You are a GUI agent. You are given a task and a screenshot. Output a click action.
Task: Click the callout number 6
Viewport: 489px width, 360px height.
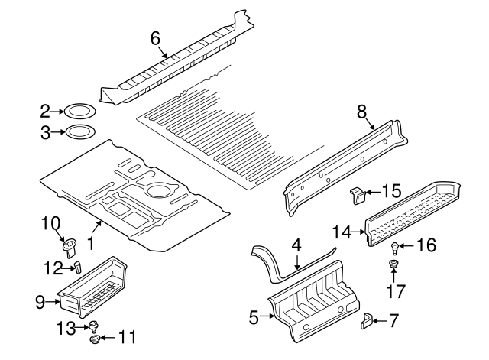pyautogui.click(x=155, y=37)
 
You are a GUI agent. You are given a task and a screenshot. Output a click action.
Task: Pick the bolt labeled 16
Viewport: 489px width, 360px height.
pyautogui.click(x=395, y=247)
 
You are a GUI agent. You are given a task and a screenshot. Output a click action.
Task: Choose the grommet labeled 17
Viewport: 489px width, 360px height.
pyautogui.click(x=394, y=265)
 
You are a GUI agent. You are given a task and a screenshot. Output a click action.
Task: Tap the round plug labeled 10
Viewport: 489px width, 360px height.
pyautogui.click(x=70, y=245)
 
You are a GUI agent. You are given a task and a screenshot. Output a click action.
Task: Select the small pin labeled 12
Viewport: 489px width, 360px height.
pyautogui.click(x=76, y=265)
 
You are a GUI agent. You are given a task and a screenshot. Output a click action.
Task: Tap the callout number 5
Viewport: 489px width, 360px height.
pyautogui.click(x=254, y=314)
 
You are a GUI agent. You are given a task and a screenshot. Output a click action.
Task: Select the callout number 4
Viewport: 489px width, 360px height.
pyautogui.click(x=296, y=245)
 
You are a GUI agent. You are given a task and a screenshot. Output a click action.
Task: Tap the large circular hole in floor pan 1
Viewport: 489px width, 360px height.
pyautogui.click(x=160, y=190)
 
